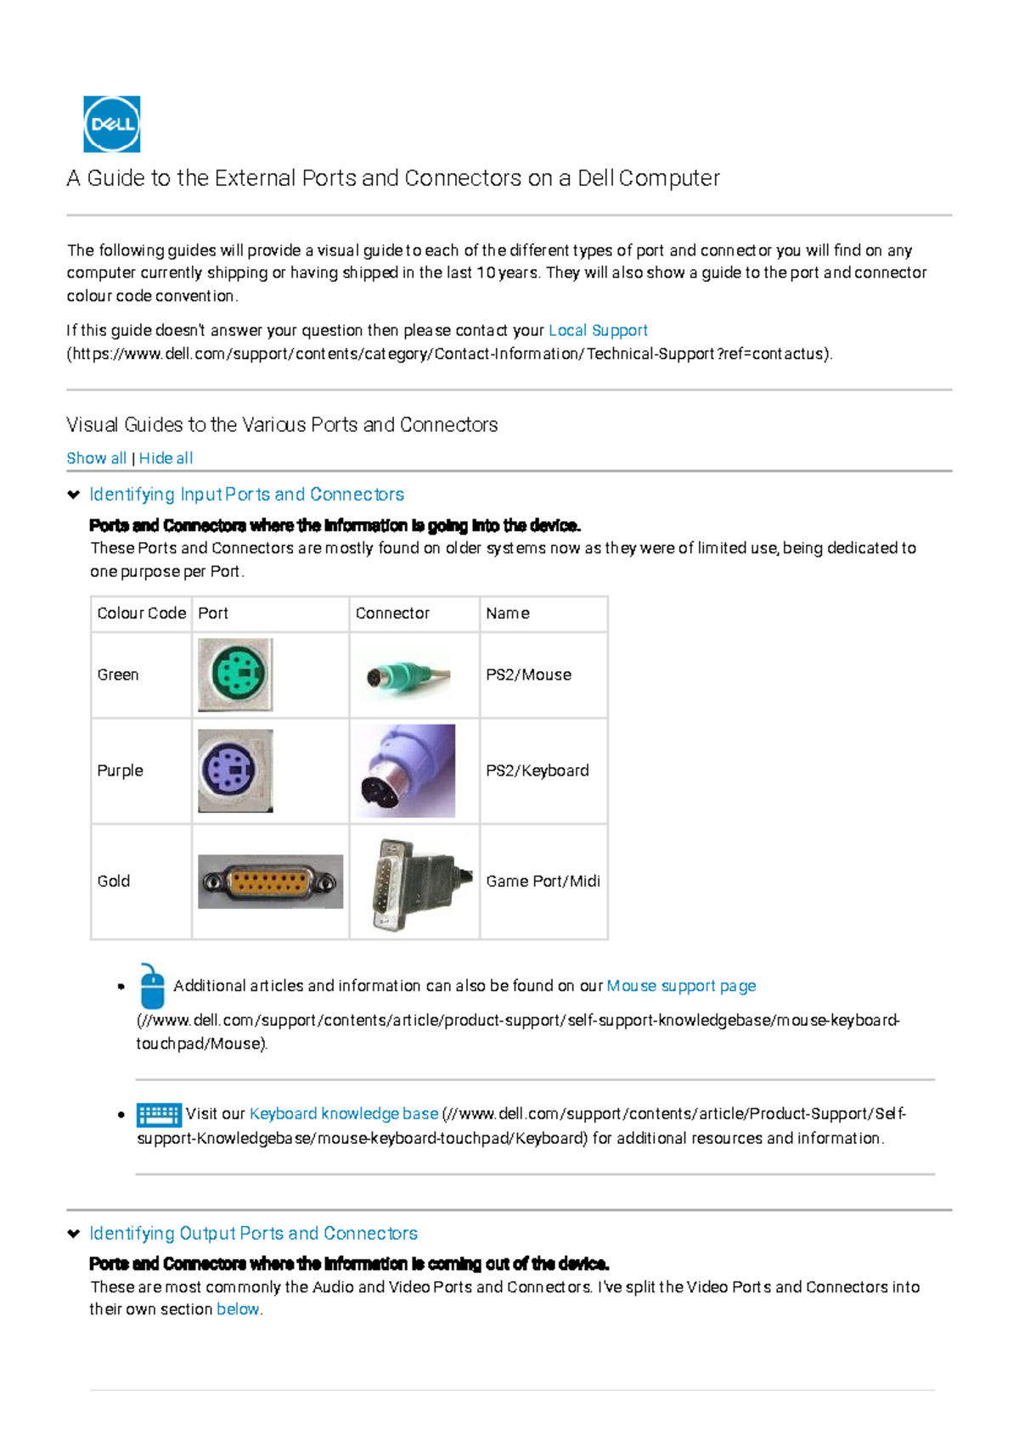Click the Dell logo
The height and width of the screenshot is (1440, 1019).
111,124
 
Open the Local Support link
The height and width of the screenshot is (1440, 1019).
598,330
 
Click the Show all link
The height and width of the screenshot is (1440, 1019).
96,458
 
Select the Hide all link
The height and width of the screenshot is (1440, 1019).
166,458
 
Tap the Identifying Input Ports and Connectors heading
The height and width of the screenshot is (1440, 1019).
246,494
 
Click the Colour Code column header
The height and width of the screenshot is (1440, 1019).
141,613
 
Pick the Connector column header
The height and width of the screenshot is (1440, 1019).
392,613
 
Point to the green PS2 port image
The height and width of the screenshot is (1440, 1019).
235,675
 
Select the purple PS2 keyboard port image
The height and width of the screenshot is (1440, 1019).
235,770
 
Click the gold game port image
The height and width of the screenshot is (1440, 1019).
270,882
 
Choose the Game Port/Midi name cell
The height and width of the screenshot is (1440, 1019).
543,881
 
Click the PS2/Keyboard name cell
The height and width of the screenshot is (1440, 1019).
537,770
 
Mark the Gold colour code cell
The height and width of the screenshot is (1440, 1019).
114,881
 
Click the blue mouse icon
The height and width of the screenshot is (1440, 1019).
152,986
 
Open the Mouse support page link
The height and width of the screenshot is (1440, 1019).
681,986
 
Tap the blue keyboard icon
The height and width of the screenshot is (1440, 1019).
159,1114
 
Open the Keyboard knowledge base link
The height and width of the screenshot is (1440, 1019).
344,1113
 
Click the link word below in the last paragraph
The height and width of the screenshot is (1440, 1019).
238,1309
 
